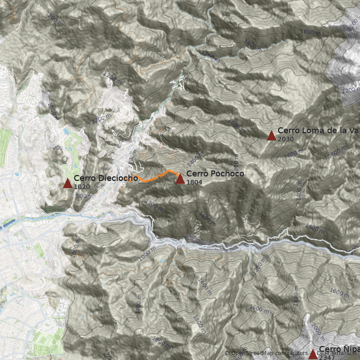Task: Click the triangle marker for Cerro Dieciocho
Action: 67,183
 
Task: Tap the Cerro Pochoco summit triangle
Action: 180,179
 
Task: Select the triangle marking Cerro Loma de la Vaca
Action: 271,136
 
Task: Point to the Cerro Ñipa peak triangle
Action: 313,354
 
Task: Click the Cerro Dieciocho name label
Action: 106,178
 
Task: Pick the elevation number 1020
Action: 81,187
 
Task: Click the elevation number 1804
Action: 194,182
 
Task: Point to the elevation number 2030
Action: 286,139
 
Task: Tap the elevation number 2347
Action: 326,358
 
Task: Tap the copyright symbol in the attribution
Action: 227,353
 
